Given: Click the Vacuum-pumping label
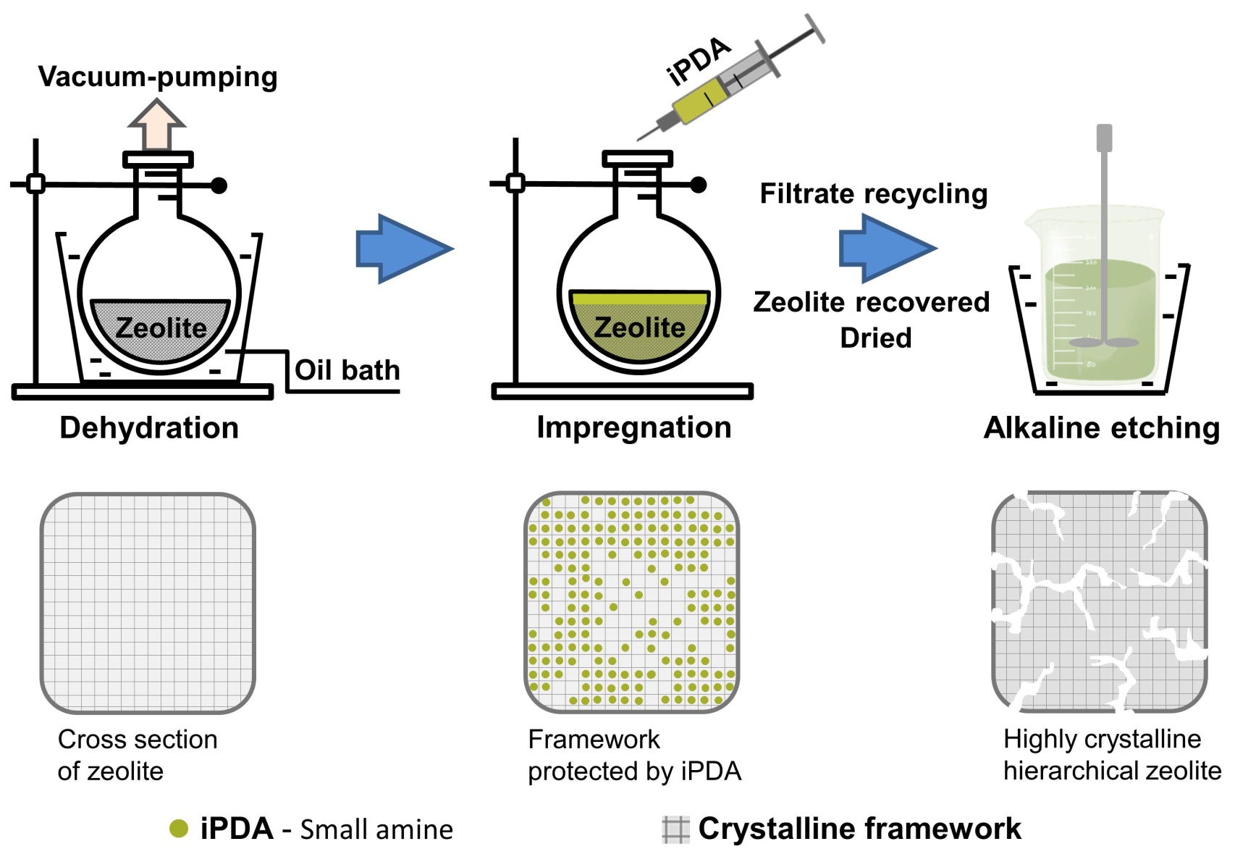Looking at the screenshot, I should [x=158, y=77].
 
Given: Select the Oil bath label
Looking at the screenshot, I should [x=347, y=370].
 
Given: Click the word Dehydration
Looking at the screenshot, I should [x=149, y=427].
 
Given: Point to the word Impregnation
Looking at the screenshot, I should [x=633, y=427].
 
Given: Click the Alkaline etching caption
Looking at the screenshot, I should [x=1101, y=427].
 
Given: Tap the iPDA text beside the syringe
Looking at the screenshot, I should [x=698, y=62].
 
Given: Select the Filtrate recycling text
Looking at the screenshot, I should [x=873, y=194].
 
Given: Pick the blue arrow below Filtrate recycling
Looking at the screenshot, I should [x=887, y=248].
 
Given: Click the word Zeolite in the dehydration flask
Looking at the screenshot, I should [x=161, y=328].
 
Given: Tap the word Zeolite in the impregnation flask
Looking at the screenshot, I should [x=639, y=327].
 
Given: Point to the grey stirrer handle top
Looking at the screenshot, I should [x=1104, y=138].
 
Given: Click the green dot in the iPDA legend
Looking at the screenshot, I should [x=178, y=829].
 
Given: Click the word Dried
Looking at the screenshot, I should [x=875, y=338].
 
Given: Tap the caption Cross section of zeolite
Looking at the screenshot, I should [x=137, y=755].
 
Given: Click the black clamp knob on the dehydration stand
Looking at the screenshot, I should [x=219, y=185].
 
